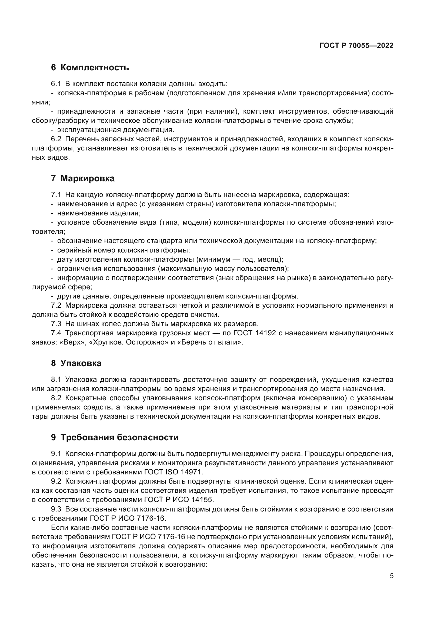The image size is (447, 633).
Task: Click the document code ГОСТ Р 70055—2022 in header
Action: pyautogui.click(x=356, y=46)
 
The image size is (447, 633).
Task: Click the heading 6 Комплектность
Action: pyautogui.click(x=90, y=68)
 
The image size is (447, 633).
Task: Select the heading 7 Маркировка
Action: pyautogui.click(x=83, y=179)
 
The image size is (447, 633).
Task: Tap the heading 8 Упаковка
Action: pyautogui.click(x=76, y=363)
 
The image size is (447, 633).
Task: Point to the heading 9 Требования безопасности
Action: pyautogui.click(x=115, y=438)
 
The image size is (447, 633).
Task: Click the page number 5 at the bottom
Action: pyautogui.click(x=391, y=576)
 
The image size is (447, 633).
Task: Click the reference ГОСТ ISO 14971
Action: pyautogui.click(x=174, y=472)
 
